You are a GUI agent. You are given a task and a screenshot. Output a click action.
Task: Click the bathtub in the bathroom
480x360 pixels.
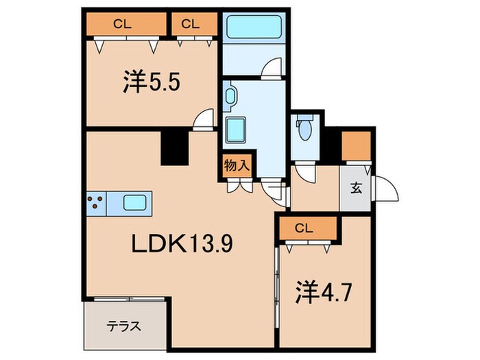tap(253, 29)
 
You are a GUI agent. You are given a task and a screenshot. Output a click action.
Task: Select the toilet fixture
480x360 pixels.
tap(304, 128)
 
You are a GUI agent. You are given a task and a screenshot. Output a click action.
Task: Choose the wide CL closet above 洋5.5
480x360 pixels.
tap(126, 24)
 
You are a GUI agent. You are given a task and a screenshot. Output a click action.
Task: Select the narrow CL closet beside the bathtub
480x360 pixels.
tap(191, 24)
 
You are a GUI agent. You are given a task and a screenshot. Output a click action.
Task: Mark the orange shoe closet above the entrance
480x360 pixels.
tap(356, 144)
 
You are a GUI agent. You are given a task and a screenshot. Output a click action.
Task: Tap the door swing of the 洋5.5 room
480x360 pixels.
tap(203, 120)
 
